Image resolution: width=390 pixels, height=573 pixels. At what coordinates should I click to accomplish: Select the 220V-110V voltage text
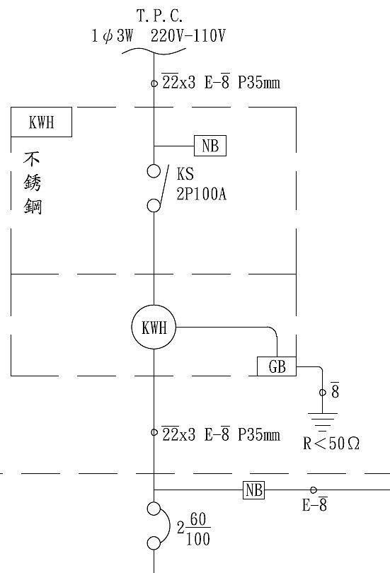tap(188, 35)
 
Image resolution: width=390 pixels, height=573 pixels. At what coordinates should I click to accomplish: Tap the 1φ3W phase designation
tap(114, 35)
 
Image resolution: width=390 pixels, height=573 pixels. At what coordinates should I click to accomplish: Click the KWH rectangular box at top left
tap(42, 123)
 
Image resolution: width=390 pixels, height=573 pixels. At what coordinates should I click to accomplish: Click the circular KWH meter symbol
tap(154, 328)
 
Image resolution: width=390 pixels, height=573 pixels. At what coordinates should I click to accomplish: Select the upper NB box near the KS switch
tap(210, 146)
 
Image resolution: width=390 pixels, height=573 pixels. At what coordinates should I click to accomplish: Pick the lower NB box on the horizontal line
tap(254, 489)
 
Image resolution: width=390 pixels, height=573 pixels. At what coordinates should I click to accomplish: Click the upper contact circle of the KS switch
tap(154, 171)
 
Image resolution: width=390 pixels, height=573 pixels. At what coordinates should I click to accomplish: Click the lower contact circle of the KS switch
tap(154, 205)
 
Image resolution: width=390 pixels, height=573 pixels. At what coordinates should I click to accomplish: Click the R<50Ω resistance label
tap(331, 444)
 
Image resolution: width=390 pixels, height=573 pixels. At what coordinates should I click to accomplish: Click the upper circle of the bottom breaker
tap(154, 508)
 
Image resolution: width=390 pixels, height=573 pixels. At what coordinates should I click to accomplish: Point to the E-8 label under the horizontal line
tap(314, 505)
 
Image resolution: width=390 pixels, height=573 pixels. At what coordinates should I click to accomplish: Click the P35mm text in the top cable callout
tap(259, 83)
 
